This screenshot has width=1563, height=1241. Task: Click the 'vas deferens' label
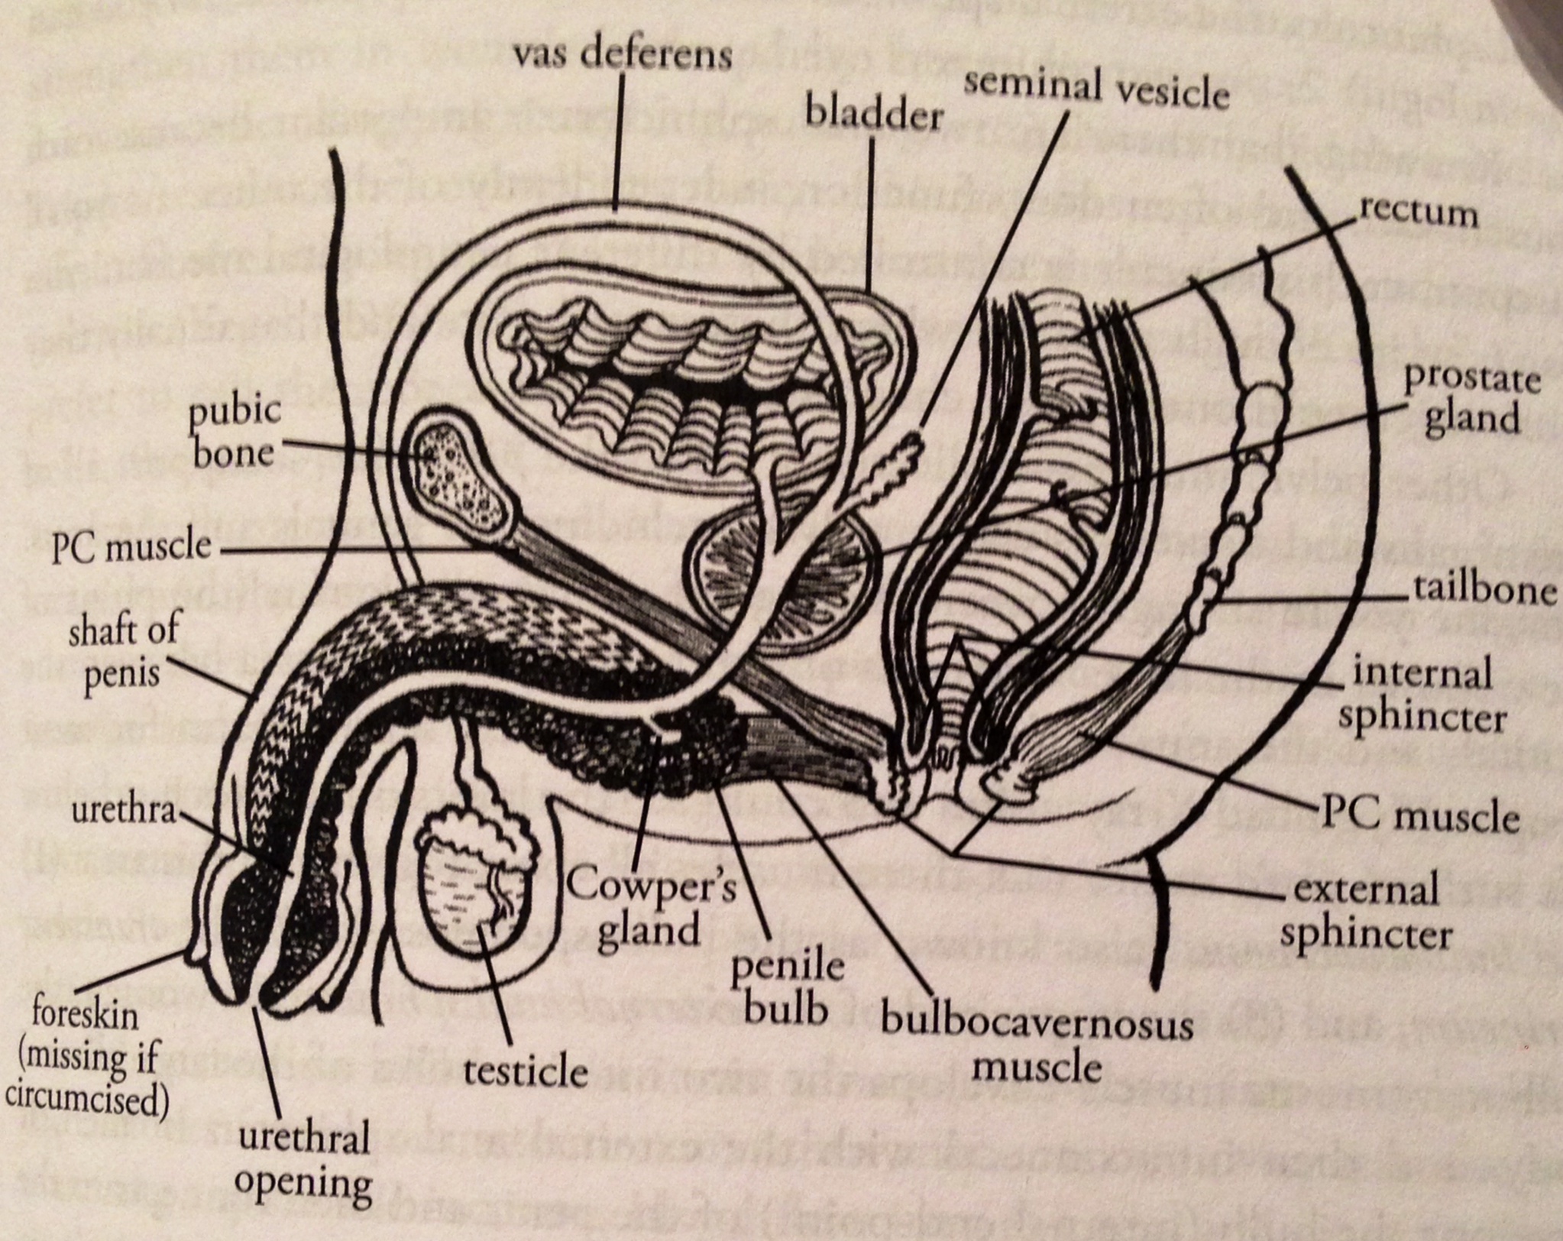pos(622,56)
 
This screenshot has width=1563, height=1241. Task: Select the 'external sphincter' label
pos(1367,912)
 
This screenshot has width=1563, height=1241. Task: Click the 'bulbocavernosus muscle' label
pos(1037,1043)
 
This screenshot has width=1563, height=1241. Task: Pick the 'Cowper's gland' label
pos(649,909)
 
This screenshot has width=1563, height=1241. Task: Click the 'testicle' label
pos(526,1072)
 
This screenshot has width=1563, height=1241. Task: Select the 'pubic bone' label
pos(235,433)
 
